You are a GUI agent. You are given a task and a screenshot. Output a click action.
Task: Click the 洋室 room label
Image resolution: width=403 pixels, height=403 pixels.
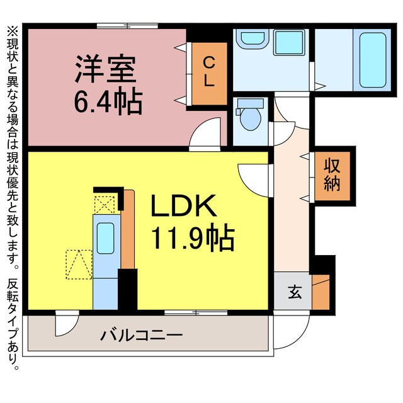tap(106, 69)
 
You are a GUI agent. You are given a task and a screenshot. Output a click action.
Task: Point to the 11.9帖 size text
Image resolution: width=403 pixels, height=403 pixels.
tap(191, 239)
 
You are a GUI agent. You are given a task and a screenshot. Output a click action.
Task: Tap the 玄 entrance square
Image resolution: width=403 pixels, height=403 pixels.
tap(293, 292)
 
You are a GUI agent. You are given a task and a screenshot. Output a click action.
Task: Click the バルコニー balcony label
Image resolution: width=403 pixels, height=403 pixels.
tap(142, 334)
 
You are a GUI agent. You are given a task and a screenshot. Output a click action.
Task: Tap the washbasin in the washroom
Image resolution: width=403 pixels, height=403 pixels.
tap(253, 38)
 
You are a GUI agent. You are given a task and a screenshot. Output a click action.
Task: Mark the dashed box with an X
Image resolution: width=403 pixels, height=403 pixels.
tap(105, 204)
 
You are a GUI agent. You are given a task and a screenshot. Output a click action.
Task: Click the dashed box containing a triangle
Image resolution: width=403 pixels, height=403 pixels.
tap(79, 264)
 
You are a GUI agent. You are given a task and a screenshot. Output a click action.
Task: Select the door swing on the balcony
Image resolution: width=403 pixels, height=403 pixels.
tap(64, 323)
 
